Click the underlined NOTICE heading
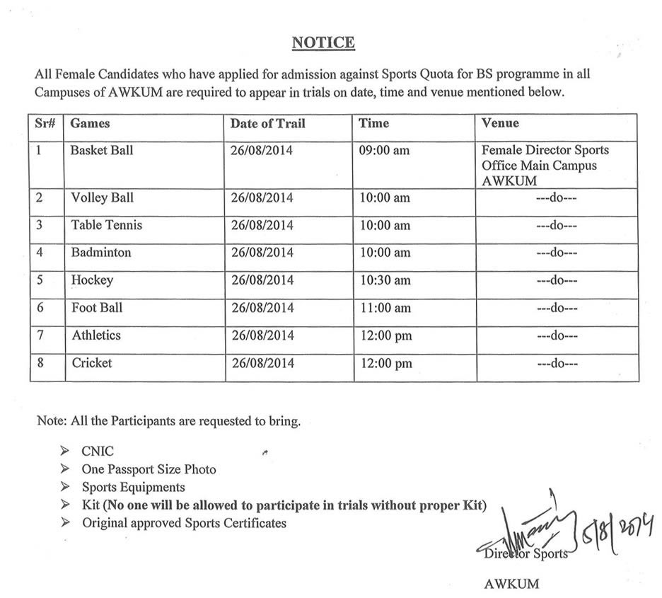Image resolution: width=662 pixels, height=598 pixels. [x=323, y=43]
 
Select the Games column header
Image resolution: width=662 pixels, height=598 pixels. [x=91, y=123]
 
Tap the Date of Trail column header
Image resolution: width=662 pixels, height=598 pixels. [x=267, y=123]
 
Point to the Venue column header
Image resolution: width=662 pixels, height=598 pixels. [x=500, y=123]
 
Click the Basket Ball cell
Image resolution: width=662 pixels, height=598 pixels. [x=102, y=151]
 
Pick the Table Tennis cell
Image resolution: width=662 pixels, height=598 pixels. [x=107, y=225]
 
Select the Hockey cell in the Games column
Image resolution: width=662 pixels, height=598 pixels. [x=92, y=280]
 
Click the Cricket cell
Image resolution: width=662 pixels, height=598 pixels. [x=92, y=363]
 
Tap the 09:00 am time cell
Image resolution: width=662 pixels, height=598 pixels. [x=384, y=151]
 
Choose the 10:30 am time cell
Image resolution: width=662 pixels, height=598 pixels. [x=384, y=280]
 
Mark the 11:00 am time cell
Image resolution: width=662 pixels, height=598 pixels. [x=384, y=308]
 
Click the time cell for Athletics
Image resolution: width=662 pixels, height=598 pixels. [x=385, y=335]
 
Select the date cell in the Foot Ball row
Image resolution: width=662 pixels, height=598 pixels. [x=262, y=308]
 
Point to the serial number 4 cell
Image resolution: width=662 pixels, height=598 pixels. [x=40, y=253]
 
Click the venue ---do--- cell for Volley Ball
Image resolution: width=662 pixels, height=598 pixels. [x=557, y=198]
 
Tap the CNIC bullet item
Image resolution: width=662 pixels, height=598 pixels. [x=98, y=451]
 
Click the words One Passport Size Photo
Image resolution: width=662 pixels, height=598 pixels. [x=149, y=469]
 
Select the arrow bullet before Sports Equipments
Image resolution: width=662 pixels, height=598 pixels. [x=65, y=487]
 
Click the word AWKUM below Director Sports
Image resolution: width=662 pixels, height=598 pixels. [x=511, y=584]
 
